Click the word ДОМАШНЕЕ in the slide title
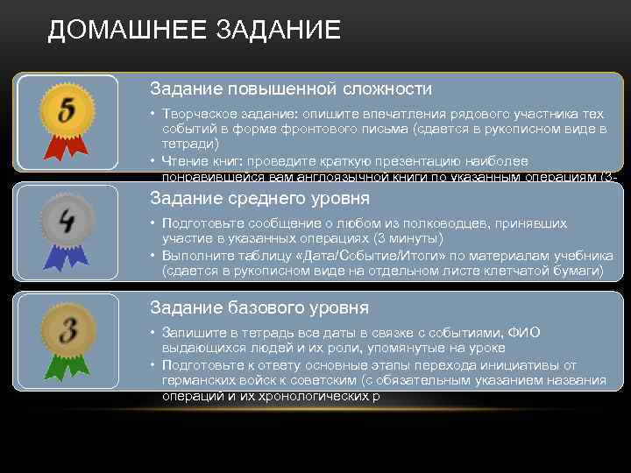(123, 30)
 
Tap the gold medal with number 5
(67, 111)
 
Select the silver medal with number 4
(67, 218)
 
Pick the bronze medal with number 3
(67, 330)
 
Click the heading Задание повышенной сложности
(290, 89)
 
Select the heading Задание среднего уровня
(259, 198)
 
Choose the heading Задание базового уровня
(259, 307)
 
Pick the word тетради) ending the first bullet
(190, 143)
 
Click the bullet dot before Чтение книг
(152, 161)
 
